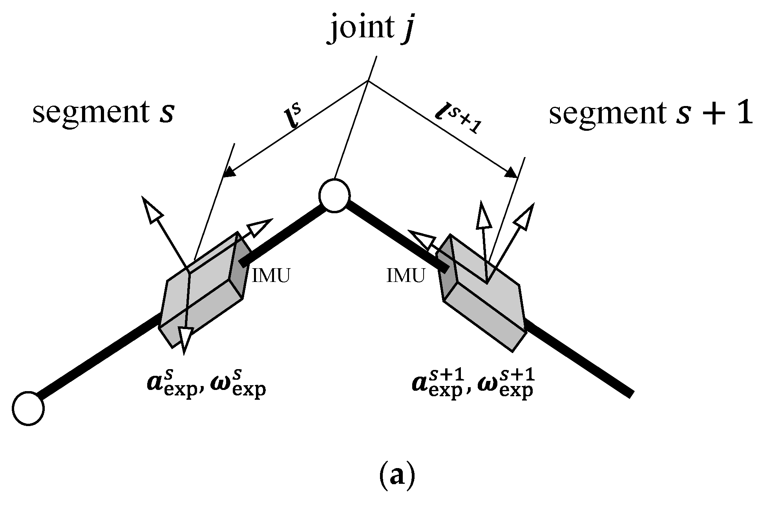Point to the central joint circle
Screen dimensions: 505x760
pos(334,196)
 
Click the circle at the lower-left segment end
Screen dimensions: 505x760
pos(28,408)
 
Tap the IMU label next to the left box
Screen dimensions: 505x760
pos(271,276)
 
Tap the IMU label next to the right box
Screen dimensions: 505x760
pos(406,276)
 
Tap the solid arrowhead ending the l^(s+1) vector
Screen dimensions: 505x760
pos(512,172)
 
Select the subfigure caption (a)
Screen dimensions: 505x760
pos(396,476)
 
